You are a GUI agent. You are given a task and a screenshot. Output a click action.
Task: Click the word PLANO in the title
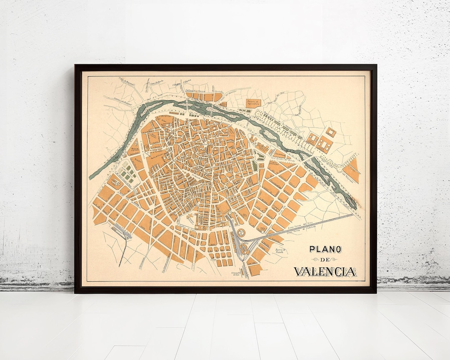point(325,250)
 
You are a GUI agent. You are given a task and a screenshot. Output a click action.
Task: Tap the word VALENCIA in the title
point(325,272)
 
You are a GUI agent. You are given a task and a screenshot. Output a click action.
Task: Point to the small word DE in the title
point(325,260)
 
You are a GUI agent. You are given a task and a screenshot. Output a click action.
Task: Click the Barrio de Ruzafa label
point(278,251)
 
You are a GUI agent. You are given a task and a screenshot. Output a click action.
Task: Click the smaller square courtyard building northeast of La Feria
point(330,132)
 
